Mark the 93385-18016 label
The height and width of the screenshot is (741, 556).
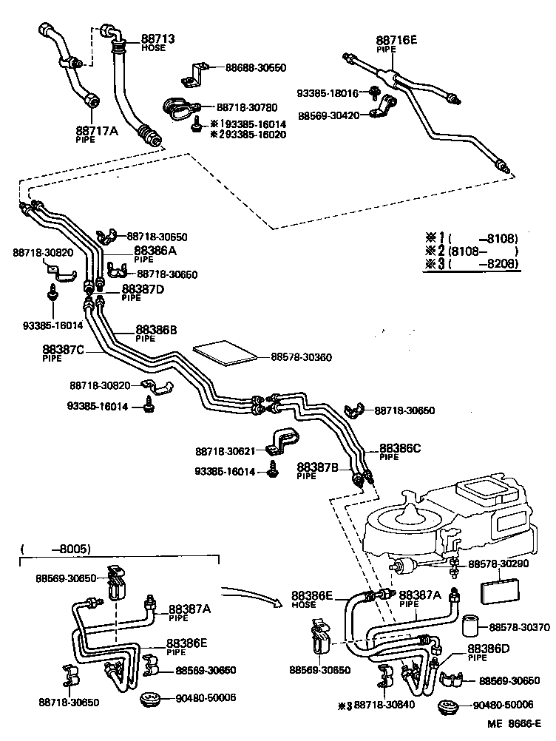[x=328, y=93]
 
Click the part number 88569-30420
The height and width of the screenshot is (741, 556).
[x=330, y=115]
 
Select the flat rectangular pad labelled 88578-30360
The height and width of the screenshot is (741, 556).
[x=225, y=353]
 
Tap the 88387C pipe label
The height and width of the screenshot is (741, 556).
[x=63, y=350]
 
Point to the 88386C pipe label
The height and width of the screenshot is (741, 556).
[x=400, y=448]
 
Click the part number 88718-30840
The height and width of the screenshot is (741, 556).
[x=384, y=705]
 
